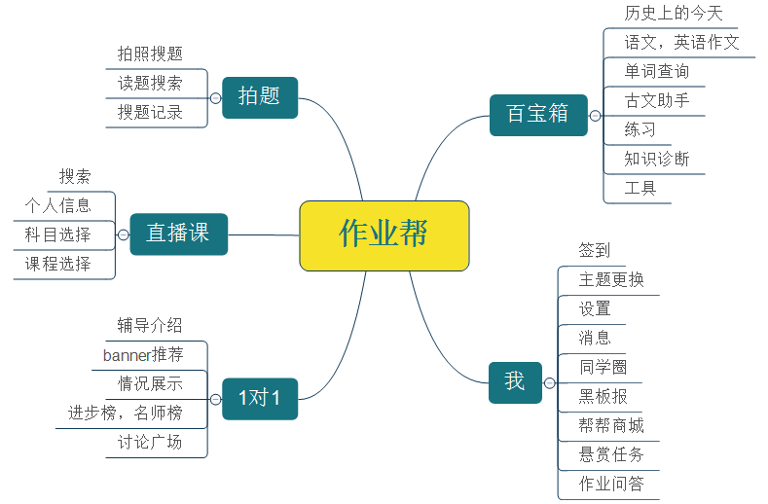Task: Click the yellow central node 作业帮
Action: [x=384, y=234]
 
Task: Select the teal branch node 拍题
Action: [x=259, y=96]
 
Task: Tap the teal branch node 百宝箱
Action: [x=537, y=115]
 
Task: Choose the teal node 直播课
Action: [x=178, y=234]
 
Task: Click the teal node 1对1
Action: [x=259, y=398]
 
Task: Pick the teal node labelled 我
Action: [x=514, y=381]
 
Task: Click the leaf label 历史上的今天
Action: [x=674, y=14]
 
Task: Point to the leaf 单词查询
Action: [x=657, y=71]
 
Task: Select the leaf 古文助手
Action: [x=657, y=100]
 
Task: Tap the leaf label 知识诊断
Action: [x=657, y=159]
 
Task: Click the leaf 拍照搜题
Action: [x=150, y=54]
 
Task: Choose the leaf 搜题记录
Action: [x=150, y=112]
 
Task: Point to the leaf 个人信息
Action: [x=58, y=205]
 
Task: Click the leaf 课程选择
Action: [x=58, y=264]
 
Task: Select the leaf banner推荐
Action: [x=142, y=354]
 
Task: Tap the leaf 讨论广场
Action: [x=150, y=442]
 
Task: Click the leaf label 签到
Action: [x=595, y=250]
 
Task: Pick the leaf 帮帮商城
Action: [x=611, y=425]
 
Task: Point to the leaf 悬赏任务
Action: [x=611, y=454]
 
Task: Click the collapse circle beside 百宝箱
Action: [x=594, y=116]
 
